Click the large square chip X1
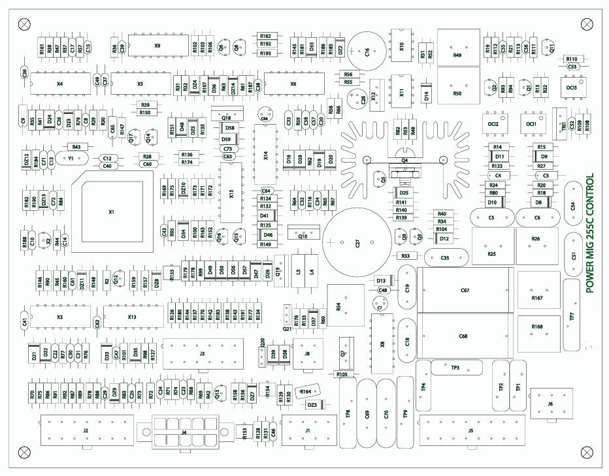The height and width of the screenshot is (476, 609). point(111,212)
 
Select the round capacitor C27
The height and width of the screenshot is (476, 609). point(357,243)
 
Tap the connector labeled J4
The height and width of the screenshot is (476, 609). point(184,432)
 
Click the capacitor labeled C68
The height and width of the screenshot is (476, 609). point(463,336)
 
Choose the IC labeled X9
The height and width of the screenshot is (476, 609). point(157,46)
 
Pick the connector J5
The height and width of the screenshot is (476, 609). point(470,431)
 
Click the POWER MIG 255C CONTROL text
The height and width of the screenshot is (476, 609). point(589,232)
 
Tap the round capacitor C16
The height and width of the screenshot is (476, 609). point(367,52)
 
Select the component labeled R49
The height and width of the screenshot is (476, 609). point(457,56)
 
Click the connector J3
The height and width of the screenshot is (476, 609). point(202,353)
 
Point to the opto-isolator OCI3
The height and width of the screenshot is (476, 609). point(572,87)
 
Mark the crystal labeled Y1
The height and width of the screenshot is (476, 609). point(70,158)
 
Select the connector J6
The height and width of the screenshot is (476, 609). point(551,404)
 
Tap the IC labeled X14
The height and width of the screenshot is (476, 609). point(266,155)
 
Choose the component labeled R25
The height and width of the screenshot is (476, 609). point(491,253)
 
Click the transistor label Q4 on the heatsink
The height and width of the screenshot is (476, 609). point(405,159)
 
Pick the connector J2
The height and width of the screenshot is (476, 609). point(86,431)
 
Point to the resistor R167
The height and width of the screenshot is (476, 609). point(537,298)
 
